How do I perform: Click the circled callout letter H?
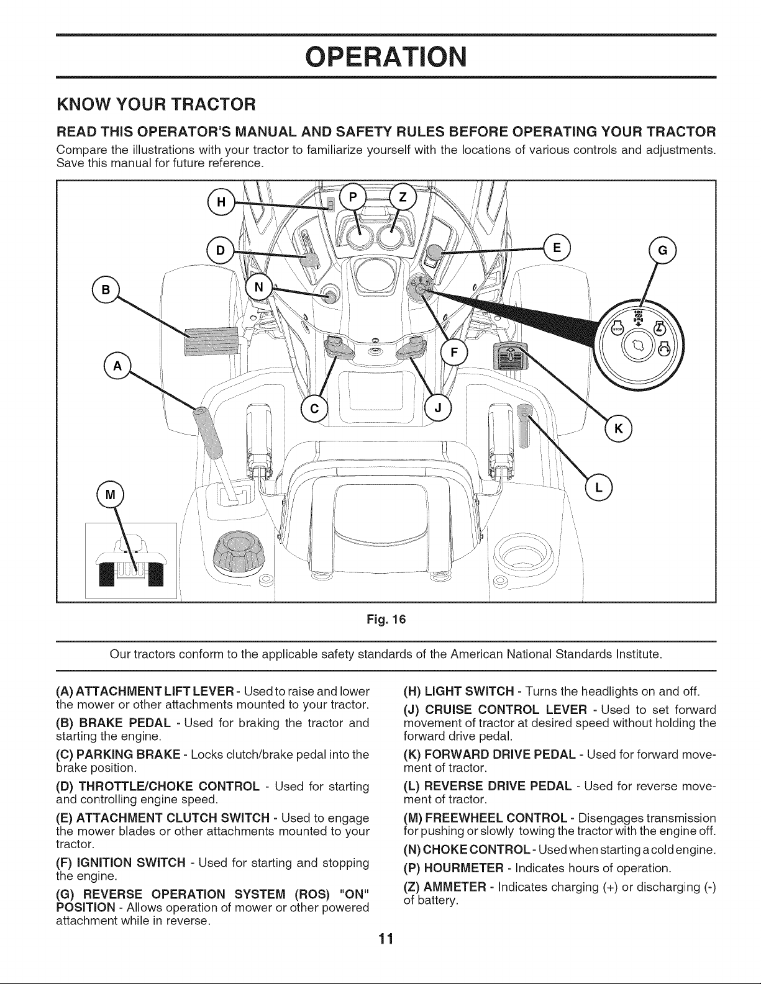pyautogui.click(x=221, y=202)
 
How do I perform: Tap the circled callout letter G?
pyautogui.click(x=662, y=250)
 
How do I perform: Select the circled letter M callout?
pyautogui.click(x=111, y=495)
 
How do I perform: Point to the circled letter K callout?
pyautogui.click(x=618, y=428)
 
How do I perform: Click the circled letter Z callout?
pyautogui.click(x=403, y=197)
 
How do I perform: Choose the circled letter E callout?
pyautogui.click(x=557, y=248)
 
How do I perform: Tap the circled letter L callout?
pyautogui.click(x=598, y=487)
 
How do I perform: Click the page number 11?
pyautogui.click(x=386, y=939)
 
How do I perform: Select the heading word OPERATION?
pyautogui.click(x=386, y=56)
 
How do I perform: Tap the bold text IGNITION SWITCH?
pyautogui.click(x=131, y=862)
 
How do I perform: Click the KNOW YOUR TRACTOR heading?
pyautogui.click(x=157, y=104)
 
